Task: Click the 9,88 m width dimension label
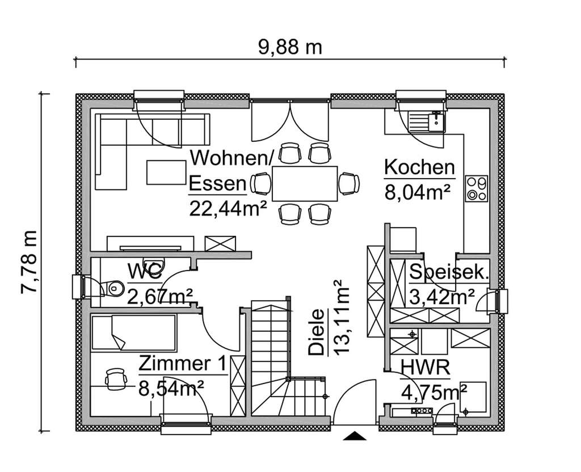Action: tap(290, 47)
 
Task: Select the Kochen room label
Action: tap(419, 168)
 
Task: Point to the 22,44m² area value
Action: tap(228, 208)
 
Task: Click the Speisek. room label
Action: tap(449, 273)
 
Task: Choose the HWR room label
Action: tap(425, 368)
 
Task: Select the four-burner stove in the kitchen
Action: tap(476, 188)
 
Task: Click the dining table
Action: tap(305, 183)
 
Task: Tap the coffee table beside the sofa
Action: tap(166, 172)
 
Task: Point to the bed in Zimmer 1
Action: tap(134, 333)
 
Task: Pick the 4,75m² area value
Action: tap(433, 392)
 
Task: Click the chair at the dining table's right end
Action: tap(349, 183)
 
